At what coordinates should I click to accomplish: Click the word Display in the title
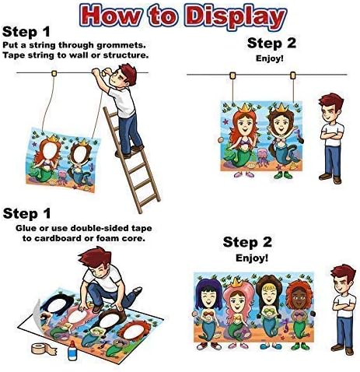pos(236,15)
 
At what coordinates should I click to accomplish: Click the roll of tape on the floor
pos(43,349)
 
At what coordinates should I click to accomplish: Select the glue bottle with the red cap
pos(72,350)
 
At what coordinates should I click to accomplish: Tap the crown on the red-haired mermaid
pos(244,107)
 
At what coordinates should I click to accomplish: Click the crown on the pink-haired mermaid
pos(236,283)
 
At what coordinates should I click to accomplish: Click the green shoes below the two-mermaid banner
pos(283,175)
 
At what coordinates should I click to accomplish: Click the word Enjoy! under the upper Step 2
pos(270,58)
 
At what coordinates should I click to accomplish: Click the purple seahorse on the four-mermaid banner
pos(286,326)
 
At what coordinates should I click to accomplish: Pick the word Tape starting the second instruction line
pos(12,55)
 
